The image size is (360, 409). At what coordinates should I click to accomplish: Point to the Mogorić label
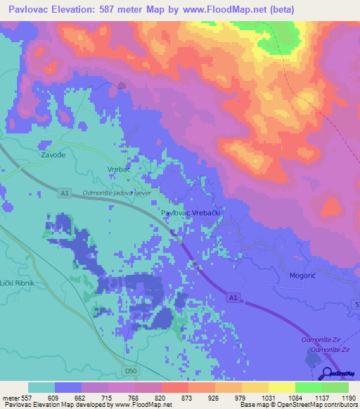click(304, 276)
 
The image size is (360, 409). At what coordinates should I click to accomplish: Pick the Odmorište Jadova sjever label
click(117, 192)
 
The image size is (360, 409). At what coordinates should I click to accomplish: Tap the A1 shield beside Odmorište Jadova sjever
click(65, 193)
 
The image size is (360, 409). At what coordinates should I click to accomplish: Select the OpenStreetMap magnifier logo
click(326, 373)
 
